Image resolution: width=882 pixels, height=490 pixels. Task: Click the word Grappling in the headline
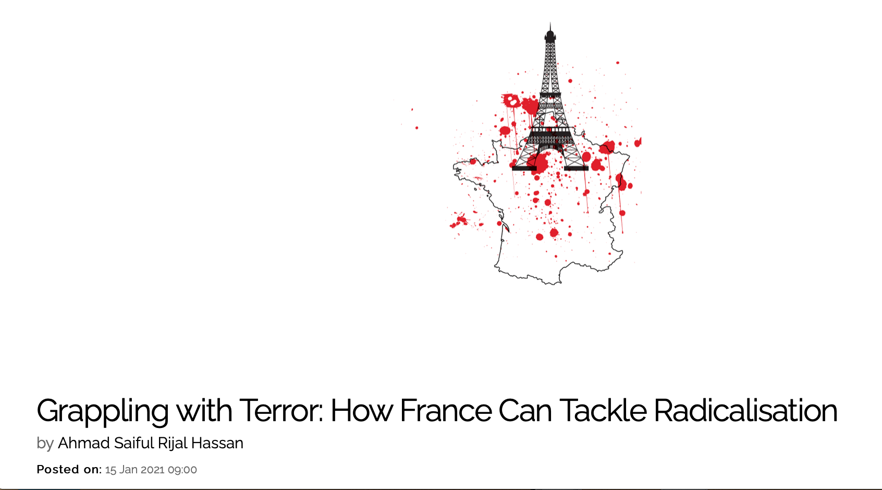pyautogui.click(x=102, y=412)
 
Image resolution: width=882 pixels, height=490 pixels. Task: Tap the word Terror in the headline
pyautogui.click(x=281, y=410)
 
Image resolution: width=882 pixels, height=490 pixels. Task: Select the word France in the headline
pyautogui.click(x=446, y=410)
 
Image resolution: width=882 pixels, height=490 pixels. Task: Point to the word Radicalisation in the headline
pyautogui.click(x=745, y=410)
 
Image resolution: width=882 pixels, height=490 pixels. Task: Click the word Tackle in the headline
pyautogui.click(x=603, y=410)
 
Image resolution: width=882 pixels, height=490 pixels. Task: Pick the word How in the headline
pyautogui.click(x=361, y=410)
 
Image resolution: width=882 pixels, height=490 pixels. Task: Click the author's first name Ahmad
pyautogui.click(x=84, y=443)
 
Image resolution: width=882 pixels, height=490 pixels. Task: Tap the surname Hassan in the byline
pyautogui.click(x=217, y=443)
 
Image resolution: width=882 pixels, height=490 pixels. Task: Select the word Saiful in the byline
pyautogui.click(x=134, y=443)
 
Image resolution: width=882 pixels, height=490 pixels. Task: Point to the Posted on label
pyautogui.click(x=69, y=470)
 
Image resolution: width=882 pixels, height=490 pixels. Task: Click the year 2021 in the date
pyautogui.click(x=152, y=470)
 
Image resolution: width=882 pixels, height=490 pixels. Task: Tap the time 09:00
pyautogui.click(x=182, y=470)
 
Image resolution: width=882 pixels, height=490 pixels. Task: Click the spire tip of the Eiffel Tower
pyautogui.click(x=550, y=23)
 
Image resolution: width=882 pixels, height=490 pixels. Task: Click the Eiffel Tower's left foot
pyautogui.click(x=524, y=168)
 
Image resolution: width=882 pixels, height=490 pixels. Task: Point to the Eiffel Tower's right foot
pyautogui.click(x=576, y=168)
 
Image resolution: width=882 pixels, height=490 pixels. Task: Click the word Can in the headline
pyautogui.click(x=525, y=410)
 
